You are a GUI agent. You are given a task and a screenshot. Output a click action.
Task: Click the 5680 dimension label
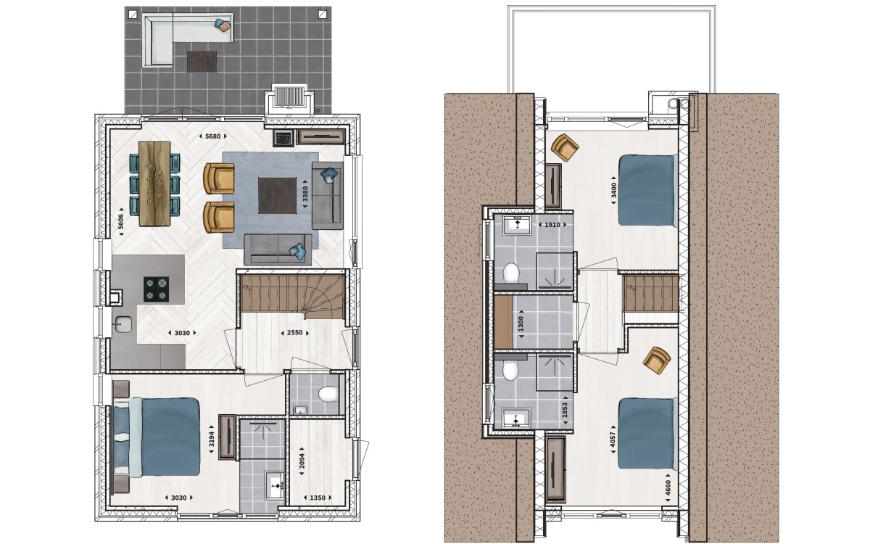click(212, 136)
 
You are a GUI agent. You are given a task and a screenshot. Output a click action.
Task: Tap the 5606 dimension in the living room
click(120, 221)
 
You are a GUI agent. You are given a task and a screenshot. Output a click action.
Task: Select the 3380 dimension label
click(305, 194)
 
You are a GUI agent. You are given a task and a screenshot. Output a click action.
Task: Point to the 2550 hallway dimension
click(294, 333)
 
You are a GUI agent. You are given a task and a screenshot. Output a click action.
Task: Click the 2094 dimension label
click(302, 461)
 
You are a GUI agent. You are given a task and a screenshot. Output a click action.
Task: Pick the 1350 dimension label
click(318, 498)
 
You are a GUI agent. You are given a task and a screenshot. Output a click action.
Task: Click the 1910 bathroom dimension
click(552, 225)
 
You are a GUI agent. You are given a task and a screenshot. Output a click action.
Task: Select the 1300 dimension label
click(521, 323)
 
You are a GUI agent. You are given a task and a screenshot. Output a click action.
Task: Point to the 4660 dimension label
click(668, 487)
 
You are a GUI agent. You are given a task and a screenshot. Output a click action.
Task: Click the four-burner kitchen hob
click(156, 289)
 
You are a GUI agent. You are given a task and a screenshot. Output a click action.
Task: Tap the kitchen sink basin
click(123, 324)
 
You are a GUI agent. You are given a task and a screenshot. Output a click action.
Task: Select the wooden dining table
click(154, 184)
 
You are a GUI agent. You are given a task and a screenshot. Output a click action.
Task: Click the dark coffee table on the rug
click(277, 196)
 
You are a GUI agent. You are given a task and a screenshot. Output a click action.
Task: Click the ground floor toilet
click(328, 394)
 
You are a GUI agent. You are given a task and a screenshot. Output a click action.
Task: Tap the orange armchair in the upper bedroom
click(565, 147)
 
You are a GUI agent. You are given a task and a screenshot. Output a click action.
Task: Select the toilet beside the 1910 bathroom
click(511, 273)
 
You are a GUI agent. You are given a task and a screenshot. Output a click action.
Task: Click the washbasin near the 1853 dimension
click(516, 418)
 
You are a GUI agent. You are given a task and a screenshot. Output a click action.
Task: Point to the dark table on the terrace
click(202, 62)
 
